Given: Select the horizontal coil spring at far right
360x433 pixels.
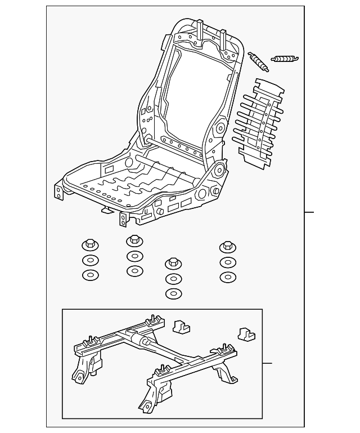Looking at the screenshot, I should tap(285, 58).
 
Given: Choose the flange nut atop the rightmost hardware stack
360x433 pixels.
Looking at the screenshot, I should tap(227, 247).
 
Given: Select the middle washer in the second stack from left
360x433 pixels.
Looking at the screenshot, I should tap(134, 257).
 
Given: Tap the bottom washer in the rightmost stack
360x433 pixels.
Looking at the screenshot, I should tap(227, 277).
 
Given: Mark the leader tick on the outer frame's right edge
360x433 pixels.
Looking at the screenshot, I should tap(309, 212).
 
